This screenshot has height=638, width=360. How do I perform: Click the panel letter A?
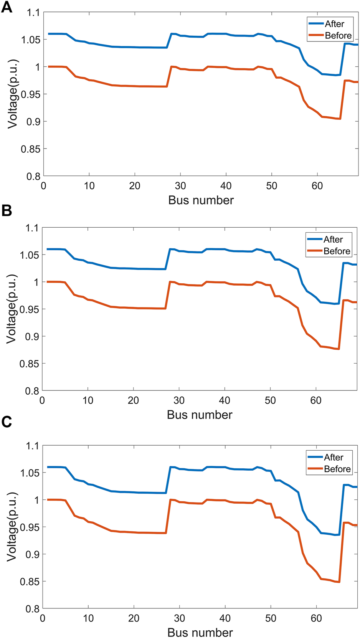tap(7, 8)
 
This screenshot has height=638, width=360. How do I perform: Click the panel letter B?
tap(7, 211)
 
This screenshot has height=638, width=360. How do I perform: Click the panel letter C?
tap(7, 422)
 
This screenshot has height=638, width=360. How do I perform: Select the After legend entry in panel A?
tap(334, 24)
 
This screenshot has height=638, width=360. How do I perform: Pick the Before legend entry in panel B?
tap(337, 251)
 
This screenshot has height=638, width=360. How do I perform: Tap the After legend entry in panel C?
tap(334, 457)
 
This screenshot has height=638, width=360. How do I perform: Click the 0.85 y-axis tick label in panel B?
tap(30, 364)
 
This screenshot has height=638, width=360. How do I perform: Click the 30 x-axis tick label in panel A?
tap(180, 186)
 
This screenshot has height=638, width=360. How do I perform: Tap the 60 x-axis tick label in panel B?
tap(316, 400)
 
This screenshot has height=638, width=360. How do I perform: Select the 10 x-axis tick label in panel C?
tap(88, 618)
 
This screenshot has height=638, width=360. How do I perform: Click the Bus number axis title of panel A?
tap(201, 200)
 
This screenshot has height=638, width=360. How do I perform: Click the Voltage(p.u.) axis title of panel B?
tap(12, 309)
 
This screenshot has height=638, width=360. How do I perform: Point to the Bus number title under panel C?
tap(200, 632)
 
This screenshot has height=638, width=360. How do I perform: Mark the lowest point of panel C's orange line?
tap(339, 582)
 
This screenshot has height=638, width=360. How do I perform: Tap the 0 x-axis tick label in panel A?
tap(44, 186)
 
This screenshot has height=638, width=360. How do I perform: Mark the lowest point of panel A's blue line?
tap(336, 75)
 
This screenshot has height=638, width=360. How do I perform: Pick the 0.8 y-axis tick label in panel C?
tap(33, 609)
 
